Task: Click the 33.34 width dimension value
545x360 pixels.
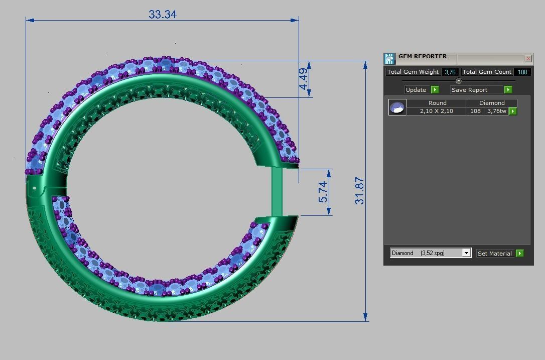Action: tap(162, 15)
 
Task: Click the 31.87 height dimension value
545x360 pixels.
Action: tap(360, 191)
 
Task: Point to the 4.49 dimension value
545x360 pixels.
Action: tap(303, 79)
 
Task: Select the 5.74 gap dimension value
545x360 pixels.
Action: tap(323, 192)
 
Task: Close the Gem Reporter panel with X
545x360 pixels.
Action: tap(528, 59)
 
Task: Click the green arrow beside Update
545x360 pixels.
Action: tap(435, 90)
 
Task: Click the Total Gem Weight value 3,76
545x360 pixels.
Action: tap(450, 72)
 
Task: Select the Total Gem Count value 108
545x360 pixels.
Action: tap(522, 72)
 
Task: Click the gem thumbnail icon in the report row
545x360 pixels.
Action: tap(397, 107)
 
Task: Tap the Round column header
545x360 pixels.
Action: tap(437, 103)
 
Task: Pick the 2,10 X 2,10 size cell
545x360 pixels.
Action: tap(436, 111)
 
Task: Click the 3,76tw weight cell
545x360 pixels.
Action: tap(496, 111)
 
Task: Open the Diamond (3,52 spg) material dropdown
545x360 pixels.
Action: tap(466, 253)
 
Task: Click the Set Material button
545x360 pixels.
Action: tap(495, 254)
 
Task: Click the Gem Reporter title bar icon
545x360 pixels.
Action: tap(390, 59)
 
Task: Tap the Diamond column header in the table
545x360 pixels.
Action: tap(492, 103)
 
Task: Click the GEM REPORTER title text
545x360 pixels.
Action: tap(423, 57)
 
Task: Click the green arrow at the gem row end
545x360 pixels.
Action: tap(513, 111)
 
